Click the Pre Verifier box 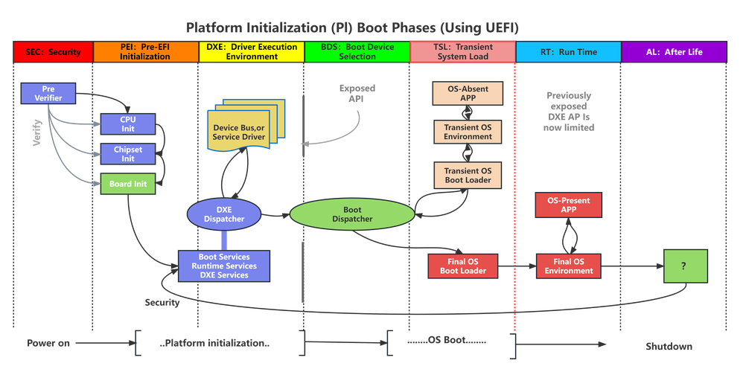pos(48,93)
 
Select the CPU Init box pos(128,122)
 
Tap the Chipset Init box pos(128,154)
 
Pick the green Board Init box pos(128,184)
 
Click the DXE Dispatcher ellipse pos(224,214)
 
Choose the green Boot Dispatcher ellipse pos(351,214)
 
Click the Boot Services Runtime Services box pos(223,266)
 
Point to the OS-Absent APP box pos(468,94)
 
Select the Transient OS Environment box pos(468,132)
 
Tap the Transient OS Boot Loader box pos(468,176)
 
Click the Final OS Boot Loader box pos(463,266)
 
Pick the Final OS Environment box pos(568,266)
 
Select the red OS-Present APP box pos(568,204)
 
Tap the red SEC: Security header pos(53,52)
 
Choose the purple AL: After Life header pos(673,52)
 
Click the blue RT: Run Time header pos(567,52)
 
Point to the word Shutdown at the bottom pos(669,346)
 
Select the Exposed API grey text pos(357,93)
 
